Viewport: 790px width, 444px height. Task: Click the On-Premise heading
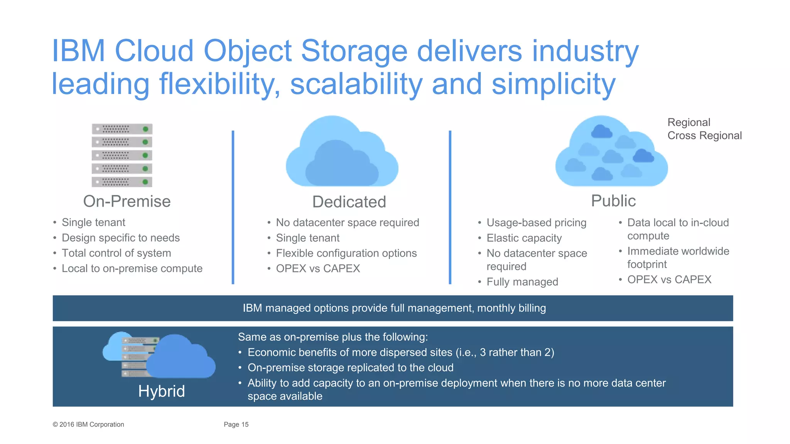click(127, 202)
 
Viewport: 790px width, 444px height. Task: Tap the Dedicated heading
click(349, 202)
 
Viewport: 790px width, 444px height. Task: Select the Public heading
click(613, 201)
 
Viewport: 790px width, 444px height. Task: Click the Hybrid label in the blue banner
click(161, 391)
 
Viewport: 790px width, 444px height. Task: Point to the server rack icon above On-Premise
click(122, 155)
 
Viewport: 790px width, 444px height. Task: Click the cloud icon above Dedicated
click(342, 153)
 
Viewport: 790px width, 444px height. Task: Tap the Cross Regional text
click(704, 136)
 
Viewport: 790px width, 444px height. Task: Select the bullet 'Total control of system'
click(116, 253)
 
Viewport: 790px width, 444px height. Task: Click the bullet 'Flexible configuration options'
click(346, 253)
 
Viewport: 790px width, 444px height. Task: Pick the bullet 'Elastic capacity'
click(524, 238)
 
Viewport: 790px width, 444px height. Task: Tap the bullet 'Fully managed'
click(522, 282)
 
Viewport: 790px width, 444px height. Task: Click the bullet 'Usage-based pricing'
click(536, 223)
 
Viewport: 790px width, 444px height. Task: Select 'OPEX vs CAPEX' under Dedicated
click(318, 269)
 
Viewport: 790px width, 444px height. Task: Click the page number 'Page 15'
click(236, 424)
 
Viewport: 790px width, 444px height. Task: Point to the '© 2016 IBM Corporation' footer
click(88, 424)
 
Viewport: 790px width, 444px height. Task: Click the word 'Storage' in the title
click(354, 51)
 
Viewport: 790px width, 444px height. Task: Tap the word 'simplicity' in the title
click(553, 84)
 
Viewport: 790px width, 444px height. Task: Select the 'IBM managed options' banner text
click(394, 308)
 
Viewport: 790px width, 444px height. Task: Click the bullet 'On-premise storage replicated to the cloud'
click(350, 368)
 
